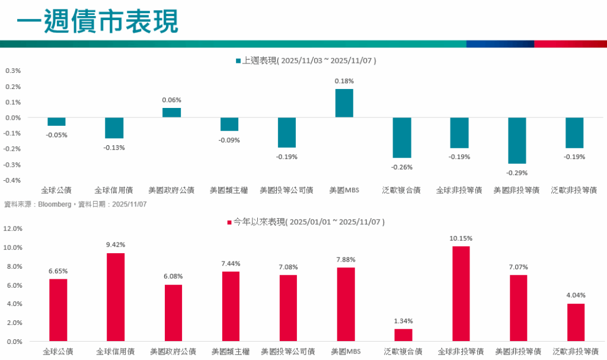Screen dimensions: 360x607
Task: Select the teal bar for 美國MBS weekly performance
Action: click(344, 103)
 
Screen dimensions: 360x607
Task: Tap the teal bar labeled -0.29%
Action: click(517, 141)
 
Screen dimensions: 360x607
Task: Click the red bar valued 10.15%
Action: click(461, 294)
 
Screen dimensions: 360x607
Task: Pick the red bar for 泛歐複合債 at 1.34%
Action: click(403, 335)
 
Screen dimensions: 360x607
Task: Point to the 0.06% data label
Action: click(171, 100)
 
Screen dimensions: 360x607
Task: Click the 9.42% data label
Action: click(115, 244)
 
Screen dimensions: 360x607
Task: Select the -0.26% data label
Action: click(402, 167)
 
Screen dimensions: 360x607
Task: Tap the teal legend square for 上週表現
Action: click(238, 60)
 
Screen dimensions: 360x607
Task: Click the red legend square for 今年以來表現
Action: click(229, 222)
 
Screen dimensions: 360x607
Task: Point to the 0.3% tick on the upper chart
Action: click(13, 71)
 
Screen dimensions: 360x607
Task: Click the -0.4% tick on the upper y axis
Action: click(12, 180)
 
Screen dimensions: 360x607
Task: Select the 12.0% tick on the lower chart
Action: click(14, 228)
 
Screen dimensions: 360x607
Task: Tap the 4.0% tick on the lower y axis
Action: click(15, 304)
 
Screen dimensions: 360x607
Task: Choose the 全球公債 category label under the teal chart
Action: click(56, 190)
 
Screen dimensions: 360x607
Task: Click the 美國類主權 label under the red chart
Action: click(230, 352)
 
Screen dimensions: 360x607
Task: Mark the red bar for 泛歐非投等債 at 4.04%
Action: click(576, 323)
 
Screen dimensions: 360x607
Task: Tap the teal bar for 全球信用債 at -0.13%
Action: click(114, 128)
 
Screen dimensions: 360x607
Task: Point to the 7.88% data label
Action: click(346, 259)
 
